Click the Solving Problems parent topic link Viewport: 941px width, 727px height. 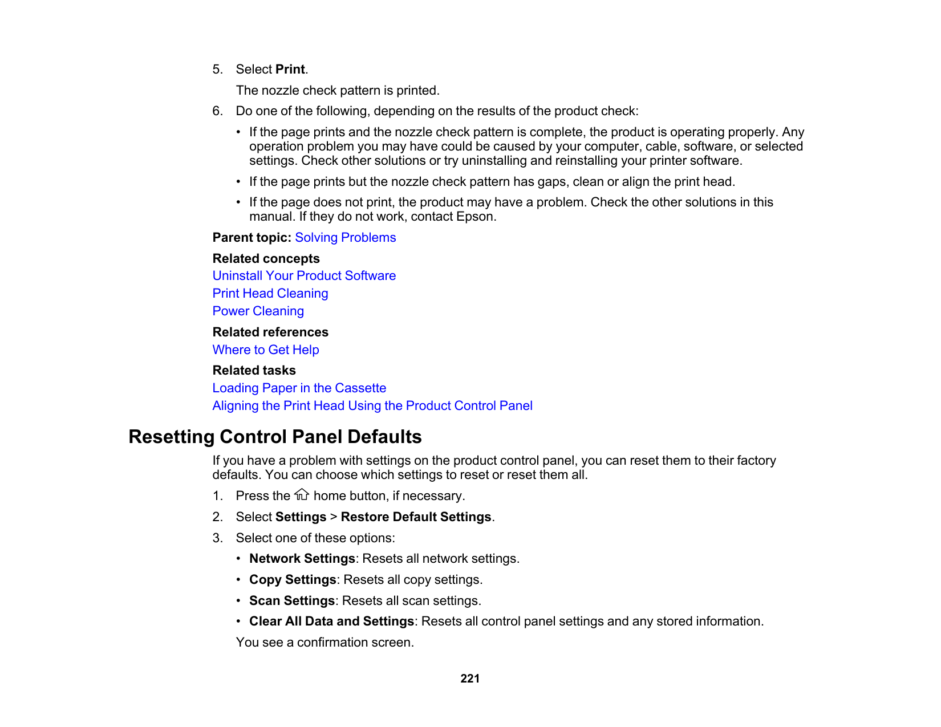[345, 238]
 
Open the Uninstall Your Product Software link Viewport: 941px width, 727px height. [304, 276]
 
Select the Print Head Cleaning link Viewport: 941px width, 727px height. [270, 294]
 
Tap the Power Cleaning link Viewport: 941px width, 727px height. [258, 311]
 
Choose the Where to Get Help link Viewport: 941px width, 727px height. [266, 350]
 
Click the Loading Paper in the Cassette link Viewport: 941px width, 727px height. [299, 388]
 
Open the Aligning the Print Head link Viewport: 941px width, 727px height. [372, 406]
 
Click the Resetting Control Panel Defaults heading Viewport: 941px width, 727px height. [275, 437]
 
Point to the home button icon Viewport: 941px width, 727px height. [302, 495]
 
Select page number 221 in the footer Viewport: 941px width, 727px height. [470, 679]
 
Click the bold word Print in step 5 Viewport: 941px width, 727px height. [290, 70]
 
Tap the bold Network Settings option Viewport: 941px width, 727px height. [302, 559]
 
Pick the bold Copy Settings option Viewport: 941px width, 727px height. [293, 580]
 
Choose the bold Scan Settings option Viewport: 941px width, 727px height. [292, 601]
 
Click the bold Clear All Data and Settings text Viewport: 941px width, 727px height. [331, 622]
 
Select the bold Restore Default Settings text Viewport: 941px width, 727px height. [416, 517]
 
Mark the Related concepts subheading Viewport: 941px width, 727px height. [266, 259]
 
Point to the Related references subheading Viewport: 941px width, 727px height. [270, 332]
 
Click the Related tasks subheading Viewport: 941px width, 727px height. [254, 371]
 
